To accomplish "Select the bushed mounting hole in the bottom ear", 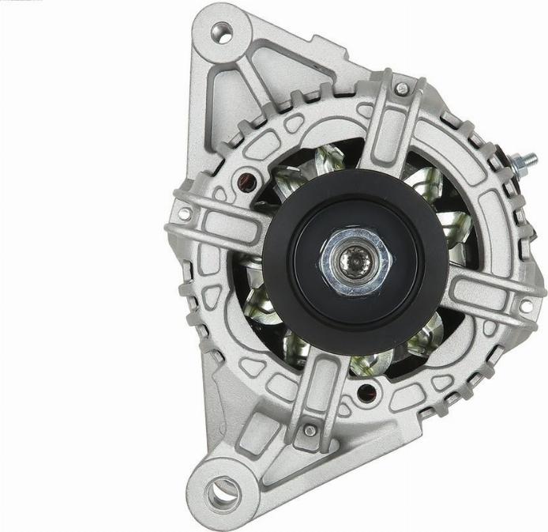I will point(223,492).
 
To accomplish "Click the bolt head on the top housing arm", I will point(402,89).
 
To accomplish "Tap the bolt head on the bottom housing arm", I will point(310,430).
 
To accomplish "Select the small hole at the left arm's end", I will point(184,213).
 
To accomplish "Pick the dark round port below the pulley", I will point(364,391).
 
